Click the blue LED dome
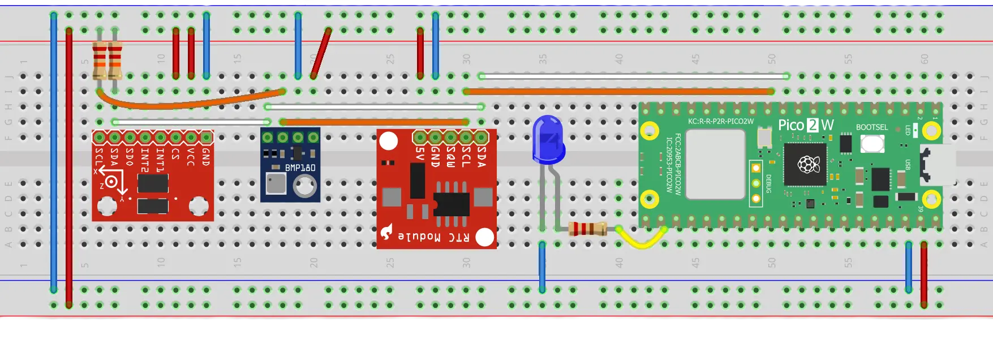(547, 136)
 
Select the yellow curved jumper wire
(642, 242)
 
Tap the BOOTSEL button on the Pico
(872, 144)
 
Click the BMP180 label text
(300, 168)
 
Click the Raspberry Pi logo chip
(807, 164)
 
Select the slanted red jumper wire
(320, 53)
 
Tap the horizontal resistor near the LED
(588, 229)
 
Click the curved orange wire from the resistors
(187, 103)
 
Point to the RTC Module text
(433, 237)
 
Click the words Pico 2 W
(806, 125)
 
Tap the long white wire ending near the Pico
(634, 76)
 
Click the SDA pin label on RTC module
(482, 156)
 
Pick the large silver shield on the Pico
(715, 164)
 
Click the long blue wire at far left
(54, 153)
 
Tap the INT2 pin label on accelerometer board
(145, 160)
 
